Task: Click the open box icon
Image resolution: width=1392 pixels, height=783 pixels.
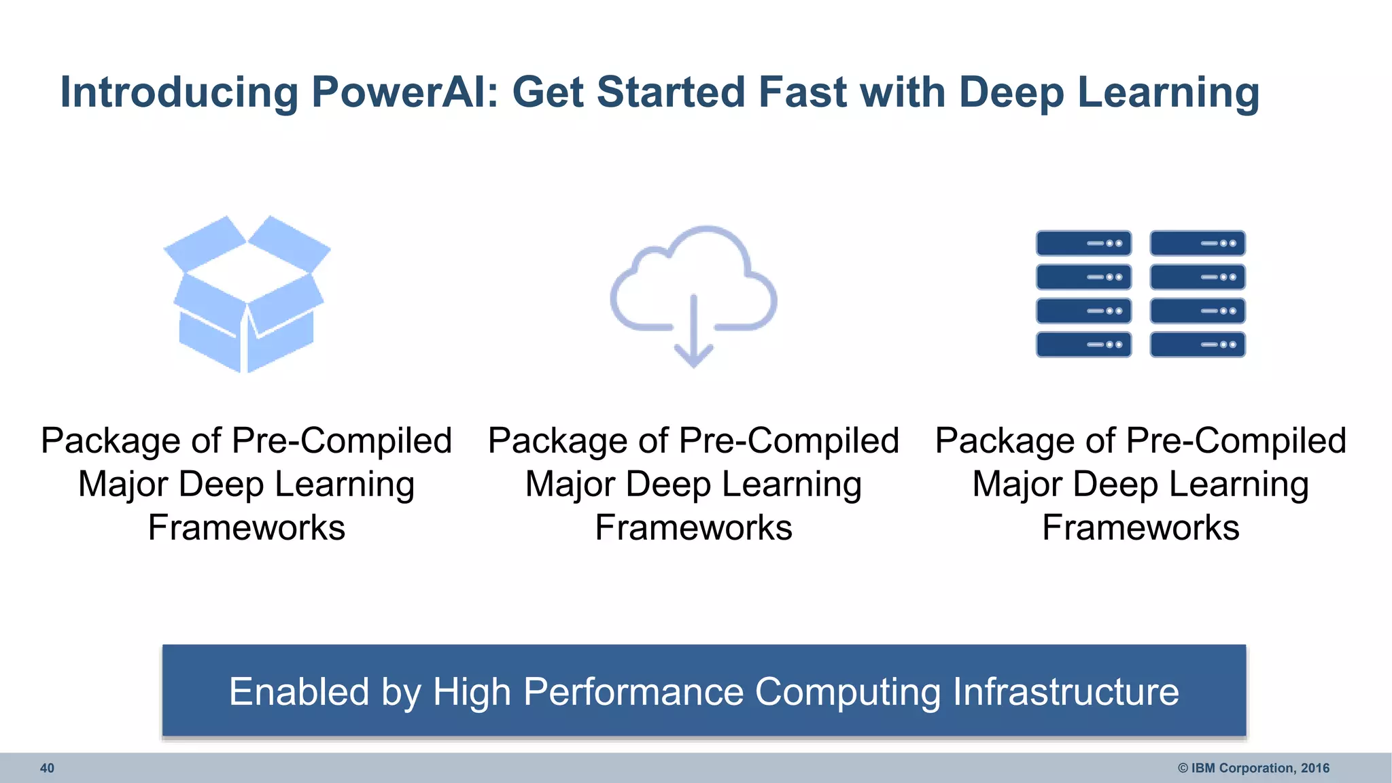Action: pos(247,294)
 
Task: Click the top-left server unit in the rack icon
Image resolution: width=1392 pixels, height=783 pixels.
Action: pos(1083,243)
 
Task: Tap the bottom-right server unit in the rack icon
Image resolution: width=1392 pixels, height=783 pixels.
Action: pos(1198,345)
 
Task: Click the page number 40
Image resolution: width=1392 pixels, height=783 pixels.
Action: pos(47,768)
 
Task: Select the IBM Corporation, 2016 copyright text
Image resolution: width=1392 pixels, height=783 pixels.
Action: pos(1253,768)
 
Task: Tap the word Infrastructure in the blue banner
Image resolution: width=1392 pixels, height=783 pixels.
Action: pos(1065,692)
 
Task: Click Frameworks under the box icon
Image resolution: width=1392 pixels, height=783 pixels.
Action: pos(247,527)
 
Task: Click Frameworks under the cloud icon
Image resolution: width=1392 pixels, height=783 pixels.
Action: pos(693,527)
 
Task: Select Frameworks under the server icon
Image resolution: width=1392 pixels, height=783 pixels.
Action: pos(1141,527)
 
